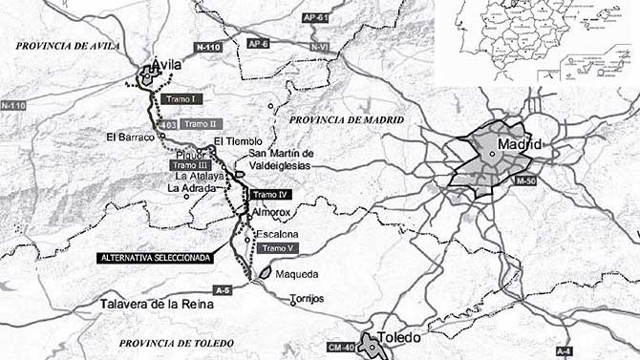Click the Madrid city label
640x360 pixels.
point(521,144)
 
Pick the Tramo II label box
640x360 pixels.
point(201,124)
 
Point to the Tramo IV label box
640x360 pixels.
point(267,195)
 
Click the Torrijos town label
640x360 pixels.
point(309,299)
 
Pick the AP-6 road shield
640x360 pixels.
point(258,44)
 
